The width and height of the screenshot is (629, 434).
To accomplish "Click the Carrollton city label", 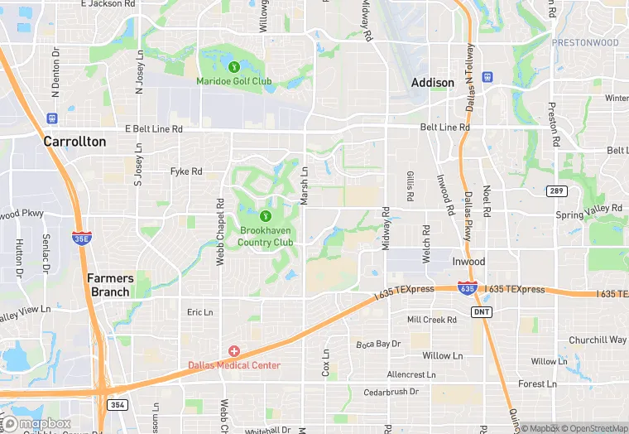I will tap(74, 142).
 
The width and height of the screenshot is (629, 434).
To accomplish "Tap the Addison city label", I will tap(433, 83).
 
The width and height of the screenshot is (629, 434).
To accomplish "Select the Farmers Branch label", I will tap(108, 285).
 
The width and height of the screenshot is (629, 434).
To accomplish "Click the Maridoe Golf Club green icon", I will tap(234, 66).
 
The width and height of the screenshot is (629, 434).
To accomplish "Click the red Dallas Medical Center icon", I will tap(234, 352).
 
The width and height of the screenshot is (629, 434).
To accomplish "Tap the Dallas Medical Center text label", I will tap(234, 365).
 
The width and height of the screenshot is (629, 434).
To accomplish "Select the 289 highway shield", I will tap(556, 191).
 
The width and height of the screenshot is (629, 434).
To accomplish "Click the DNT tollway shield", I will tap(481, 311).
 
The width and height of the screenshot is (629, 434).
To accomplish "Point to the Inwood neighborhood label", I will tap(468, 262).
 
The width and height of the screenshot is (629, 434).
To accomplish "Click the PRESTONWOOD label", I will tap(585, 42).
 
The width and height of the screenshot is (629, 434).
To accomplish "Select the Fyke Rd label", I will tap(186, 171).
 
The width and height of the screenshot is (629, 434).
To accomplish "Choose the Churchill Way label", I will tap(598, 340).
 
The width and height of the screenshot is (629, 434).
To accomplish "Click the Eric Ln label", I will tap(199, 312).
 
